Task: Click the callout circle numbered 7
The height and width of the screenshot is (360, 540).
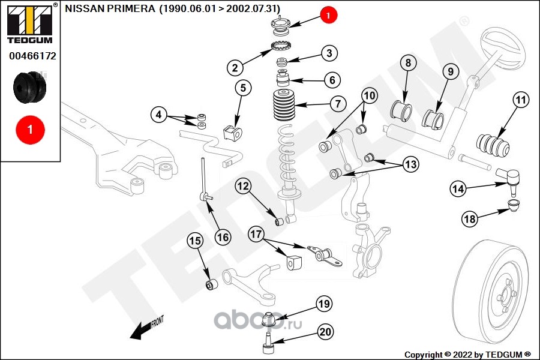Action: [x=338, y=103]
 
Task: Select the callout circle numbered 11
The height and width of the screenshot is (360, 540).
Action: [x=521, y=100]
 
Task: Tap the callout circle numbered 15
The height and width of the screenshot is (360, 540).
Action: [x=195, y=241]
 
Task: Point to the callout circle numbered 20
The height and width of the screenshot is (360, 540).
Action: [x=325, y=332]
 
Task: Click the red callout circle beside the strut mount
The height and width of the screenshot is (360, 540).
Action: [x=328, y=15]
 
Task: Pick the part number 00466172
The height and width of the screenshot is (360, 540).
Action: [x=32, y=56]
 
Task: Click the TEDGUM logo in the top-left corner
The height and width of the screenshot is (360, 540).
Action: [x=30, y=24]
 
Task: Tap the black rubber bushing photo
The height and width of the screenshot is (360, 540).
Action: [x=29, y=88]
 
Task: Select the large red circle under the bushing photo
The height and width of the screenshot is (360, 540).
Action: [x=30, y=130]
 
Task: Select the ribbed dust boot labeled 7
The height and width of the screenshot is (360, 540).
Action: [x=284, y=105]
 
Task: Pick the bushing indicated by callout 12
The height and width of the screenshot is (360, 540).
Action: [x=280, y=221]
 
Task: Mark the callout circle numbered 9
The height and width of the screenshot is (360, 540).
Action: [x=451, y=71]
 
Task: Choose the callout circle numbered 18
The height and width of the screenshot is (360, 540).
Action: [x=470, y=219]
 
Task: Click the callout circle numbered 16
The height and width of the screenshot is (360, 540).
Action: [x=223, y=237]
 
